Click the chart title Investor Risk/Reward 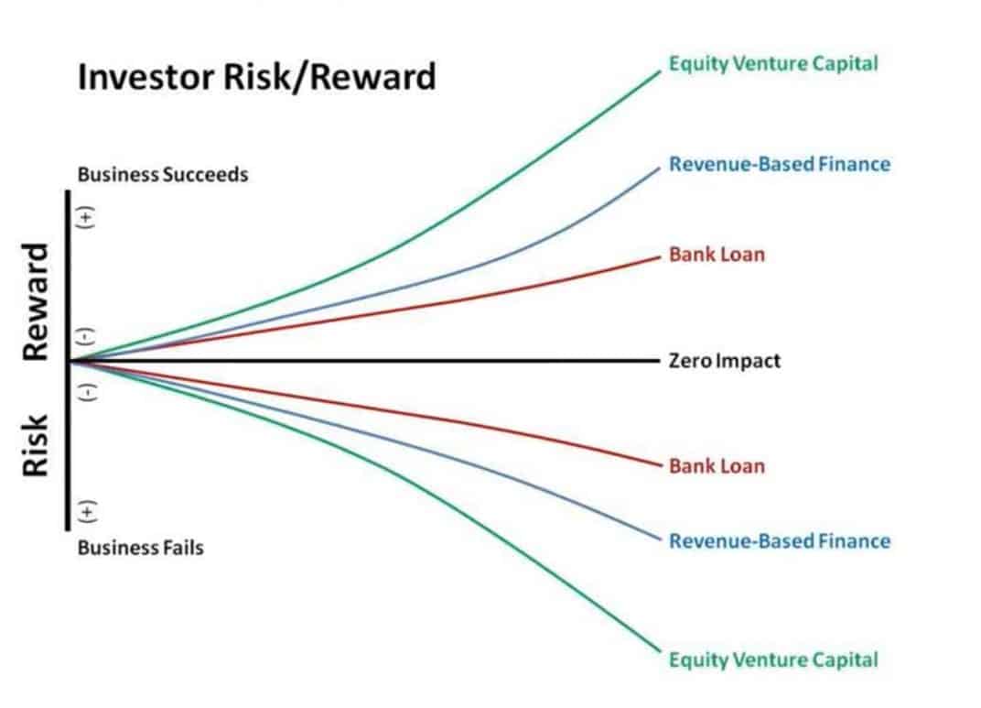[256, 77]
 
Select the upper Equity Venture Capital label [773, 64]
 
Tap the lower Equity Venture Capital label [773, 659]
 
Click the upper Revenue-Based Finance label [780, 164]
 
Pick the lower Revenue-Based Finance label [780, 541]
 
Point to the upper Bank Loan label [717, 255]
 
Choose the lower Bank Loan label [717, 466]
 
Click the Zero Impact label [725, 361]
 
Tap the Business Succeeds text [163, 175]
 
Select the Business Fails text [141, 549]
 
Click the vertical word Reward [35, 301]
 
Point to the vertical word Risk [35, 445]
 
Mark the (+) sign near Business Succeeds [86, 217]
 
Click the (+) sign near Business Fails [86, 512]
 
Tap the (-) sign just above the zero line [86, 336]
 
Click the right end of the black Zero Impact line [660, 361]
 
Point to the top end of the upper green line [660, 71]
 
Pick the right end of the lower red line [661, 465]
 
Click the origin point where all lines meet [70, 361]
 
